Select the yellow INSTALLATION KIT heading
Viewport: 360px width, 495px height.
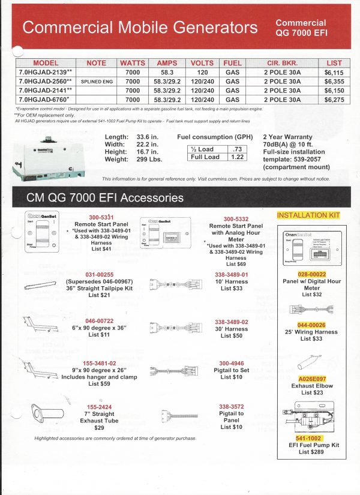click(x=308, y=215)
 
